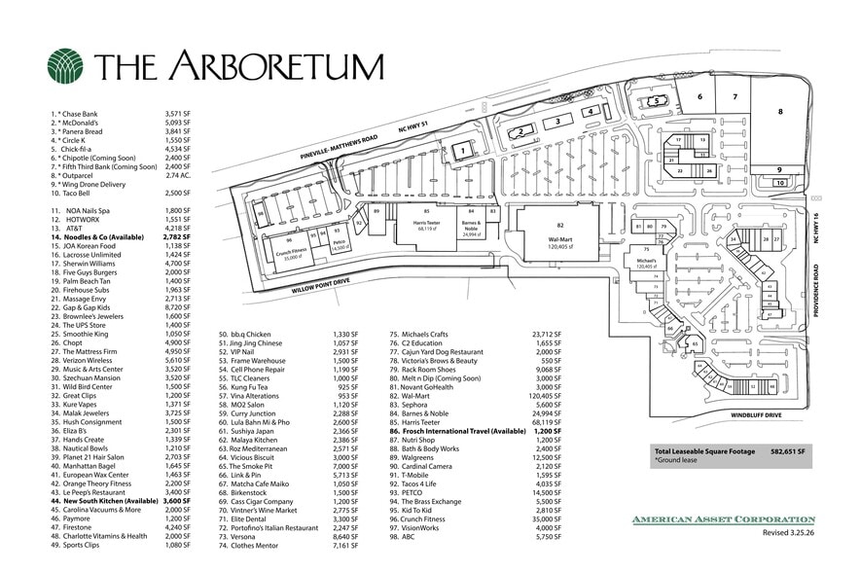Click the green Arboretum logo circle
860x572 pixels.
click(x=67, y=66)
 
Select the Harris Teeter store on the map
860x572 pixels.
click(x=425, y=226)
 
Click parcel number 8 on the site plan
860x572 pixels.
click(x=779, y=111)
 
